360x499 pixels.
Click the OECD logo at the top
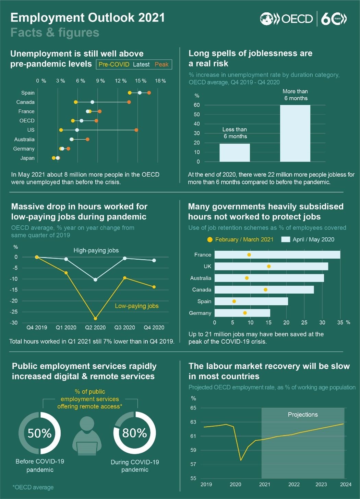286,19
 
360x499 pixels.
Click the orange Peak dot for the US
136,130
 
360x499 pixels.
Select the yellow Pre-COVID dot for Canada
76,102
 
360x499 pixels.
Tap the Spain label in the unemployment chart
28,93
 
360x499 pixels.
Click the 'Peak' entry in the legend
161,64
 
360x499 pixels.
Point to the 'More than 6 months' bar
295,133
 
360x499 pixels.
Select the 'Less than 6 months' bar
235,153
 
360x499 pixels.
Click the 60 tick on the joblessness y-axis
197,105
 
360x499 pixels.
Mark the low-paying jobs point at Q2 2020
95,318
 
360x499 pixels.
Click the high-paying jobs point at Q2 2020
95,280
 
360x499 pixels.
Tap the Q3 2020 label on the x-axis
124,328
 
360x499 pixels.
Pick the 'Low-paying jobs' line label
136,306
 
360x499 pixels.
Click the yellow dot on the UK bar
269,266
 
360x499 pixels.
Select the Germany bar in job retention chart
242,313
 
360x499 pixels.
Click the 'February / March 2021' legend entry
244,240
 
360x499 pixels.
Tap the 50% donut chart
39,433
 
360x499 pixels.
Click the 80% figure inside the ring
134,433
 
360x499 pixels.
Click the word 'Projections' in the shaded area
303,415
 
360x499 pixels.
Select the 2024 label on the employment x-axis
345,484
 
